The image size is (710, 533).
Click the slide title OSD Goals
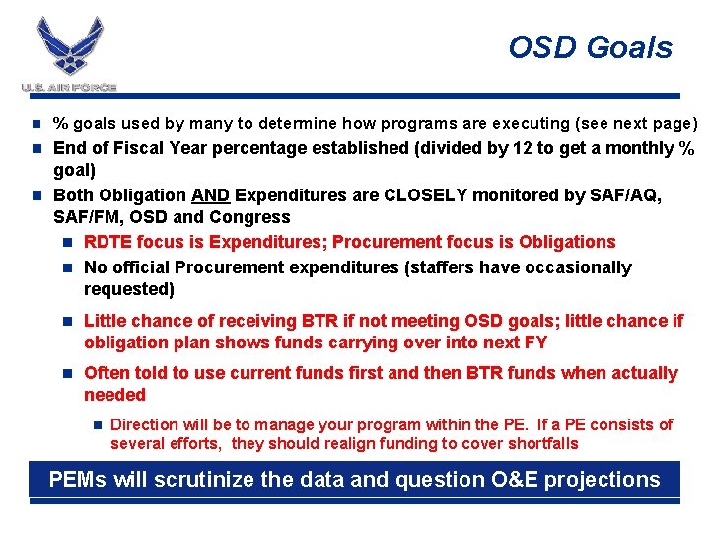(590, 47)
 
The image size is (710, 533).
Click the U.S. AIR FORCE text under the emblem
(70, 88)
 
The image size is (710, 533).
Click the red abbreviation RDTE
(107, 242)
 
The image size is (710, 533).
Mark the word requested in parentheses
(128, 289)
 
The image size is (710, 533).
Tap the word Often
(106, 373)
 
